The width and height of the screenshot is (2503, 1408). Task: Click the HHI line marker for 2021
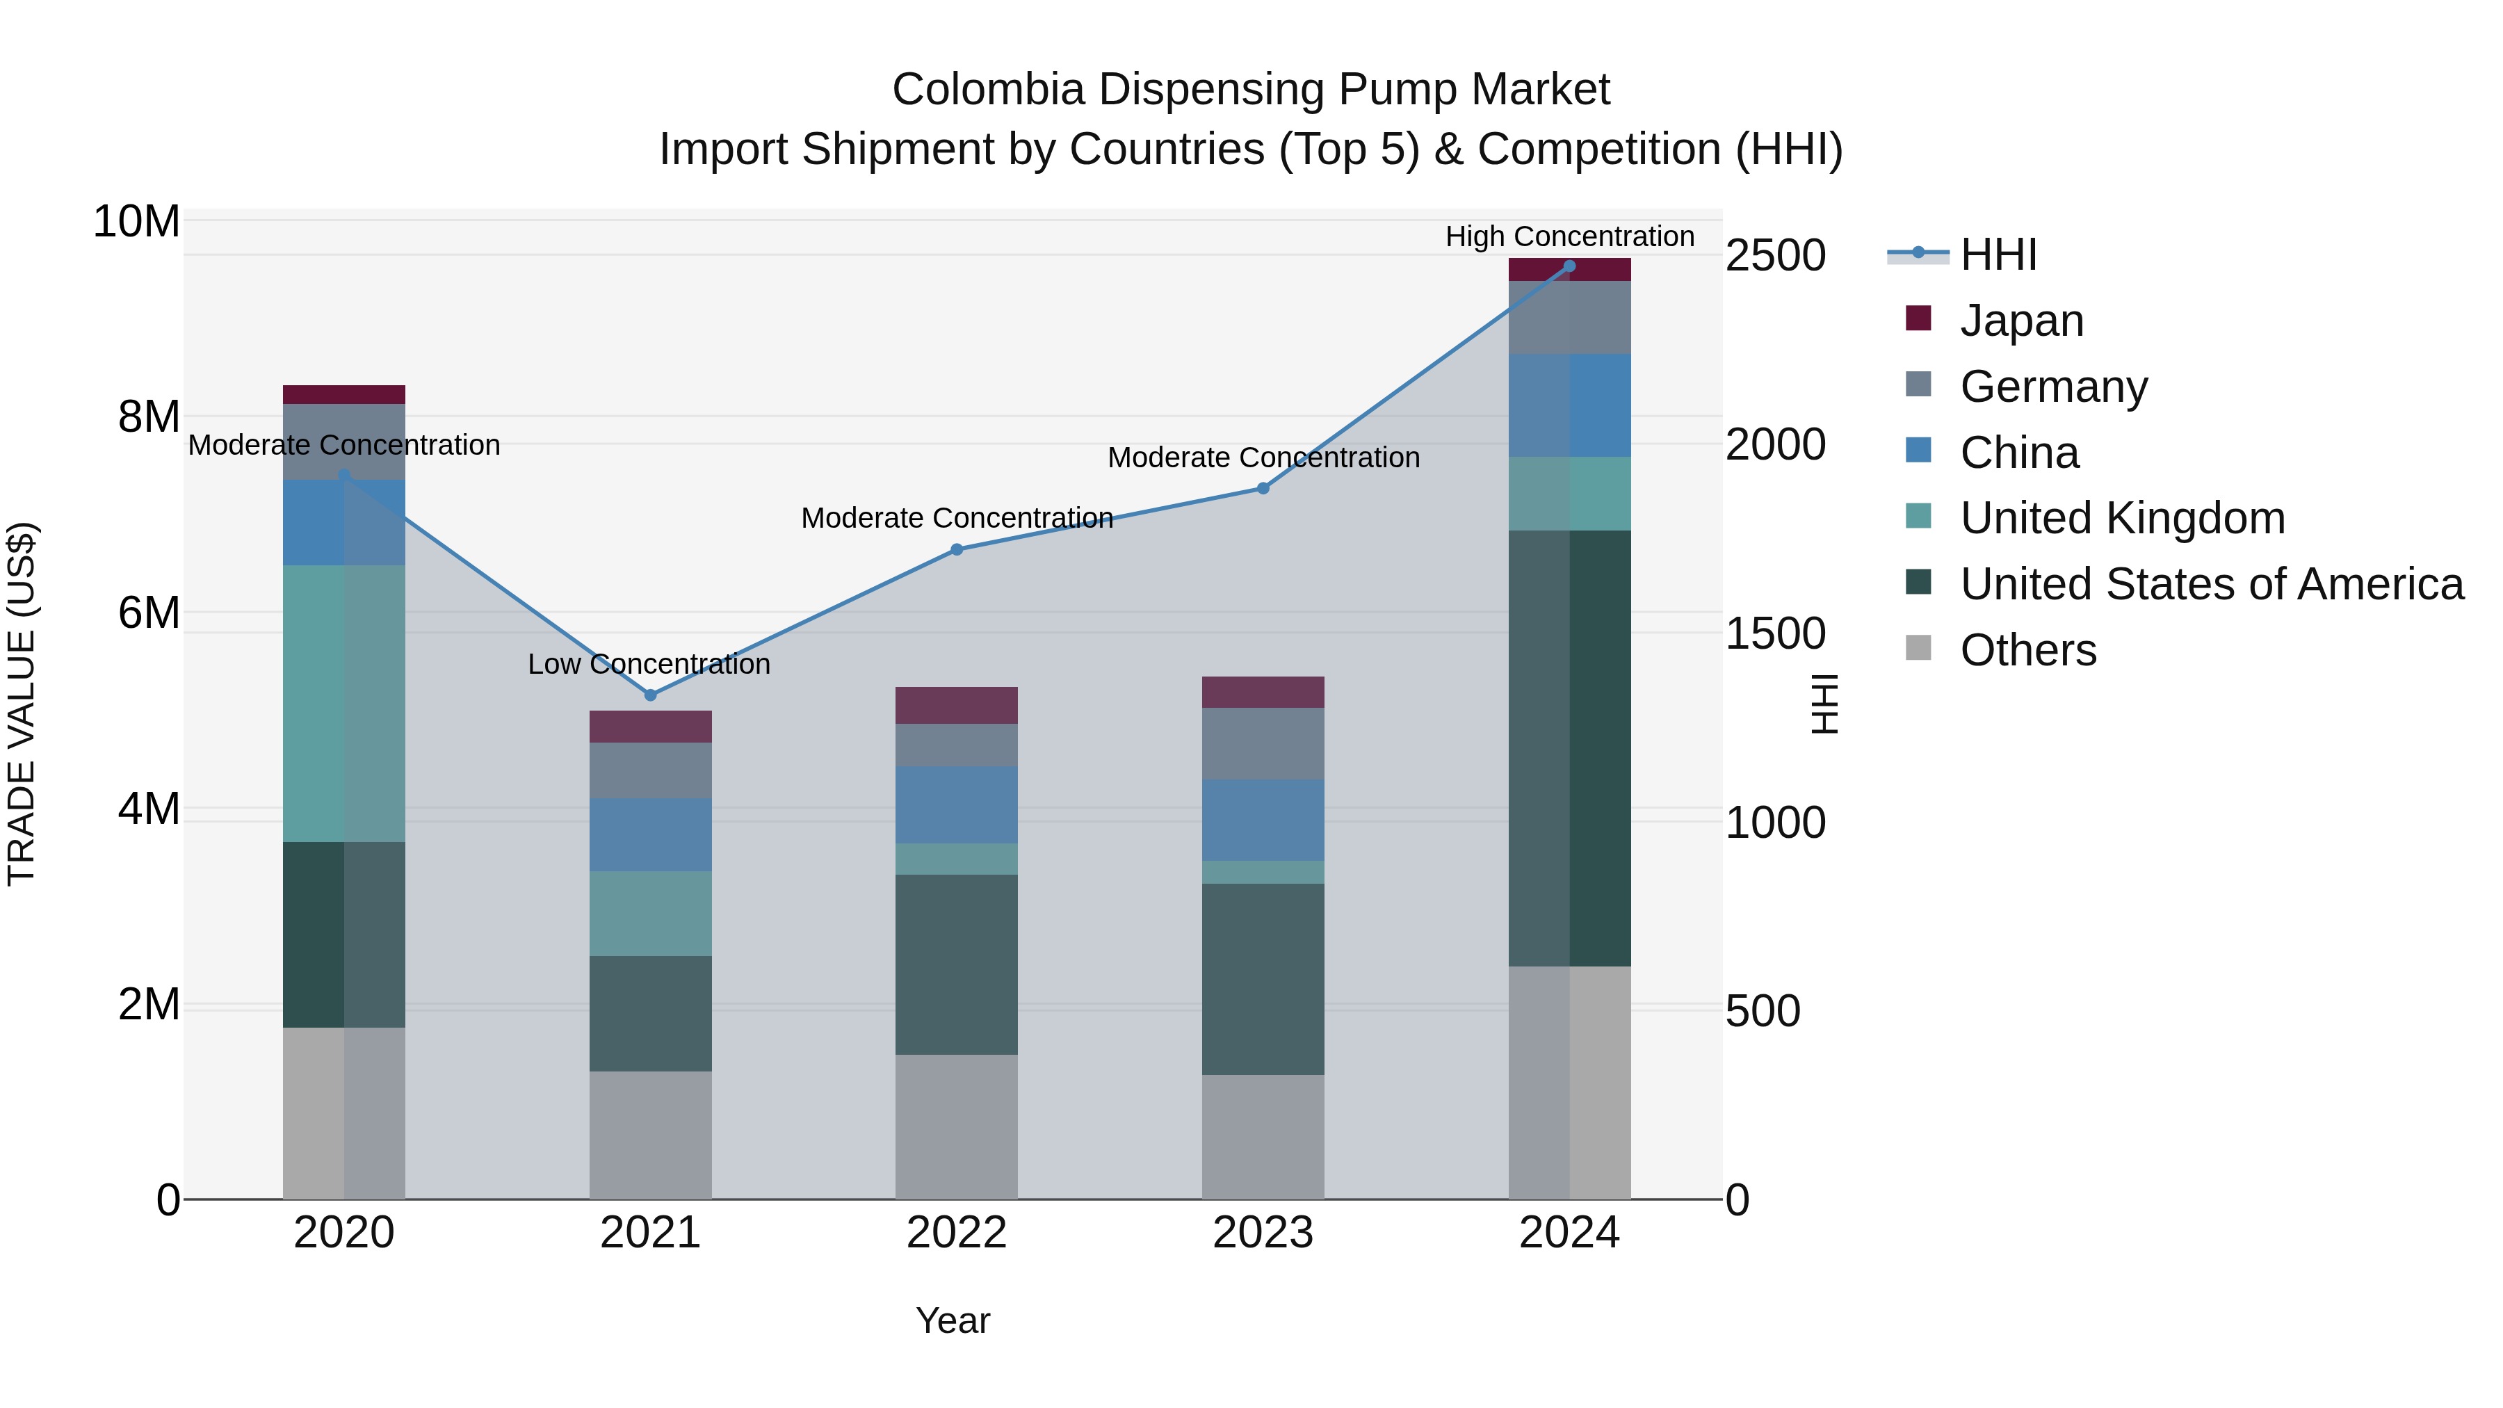pyautogui.click(x=650, y=695)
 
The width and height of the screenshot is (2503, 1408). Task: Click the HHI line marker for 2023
pyautogui.click(x=1263, y=488)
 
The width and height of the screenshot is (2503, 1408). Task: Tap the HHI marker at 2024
pyautogui.click(x=1569, y=266)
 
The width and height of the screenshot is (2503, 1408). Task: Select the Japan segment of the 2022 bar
pyautogui.click(x=956, y=706)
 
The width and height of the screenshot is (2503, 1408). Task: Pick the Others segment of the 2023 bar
pyautogui.click(x=1263, y=1136)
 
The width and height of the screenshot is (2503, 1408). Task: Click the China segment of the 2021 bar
pyautogui.click(x=650, y=834)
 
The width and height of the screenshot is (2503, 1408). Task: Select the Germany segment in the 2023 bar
pyautogui.click(x=1263, y=743)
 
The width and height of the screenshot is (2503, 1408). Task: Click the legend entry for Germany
pyautogui.click(x=2053, y=387)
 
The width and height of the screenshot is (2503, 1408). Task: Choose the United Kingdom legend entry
pyautogui.click(x=2122, y=518)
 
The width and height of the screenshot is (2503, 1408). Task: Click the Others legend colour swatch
pyautogui.click(x=1918, y=647)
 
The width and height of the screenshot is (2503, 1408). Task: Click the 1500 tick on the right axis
pyautogui.click(x=1775, y=633)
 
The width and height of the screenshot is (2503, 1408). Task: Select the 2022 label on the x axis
pyautogui.click(x=956, y=1233)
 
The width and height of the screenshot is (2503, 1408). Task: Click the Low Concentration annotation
pyautogui.click(x=649, y=665)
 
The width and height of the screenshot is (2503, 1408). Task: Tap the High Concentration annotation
pyautogui.click(x=1569, y=237)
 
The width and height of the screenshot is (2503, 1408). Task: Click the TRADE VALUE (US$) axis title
pyautogui.click(x=22, y=704)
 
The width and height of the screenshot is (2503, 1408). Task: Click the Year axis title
pyautogui.click(x=953, y=1320)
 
